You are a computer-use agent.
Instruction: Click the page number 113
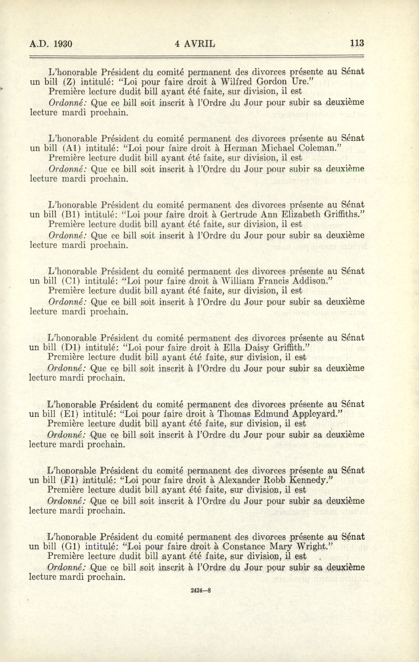[357, 43]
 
